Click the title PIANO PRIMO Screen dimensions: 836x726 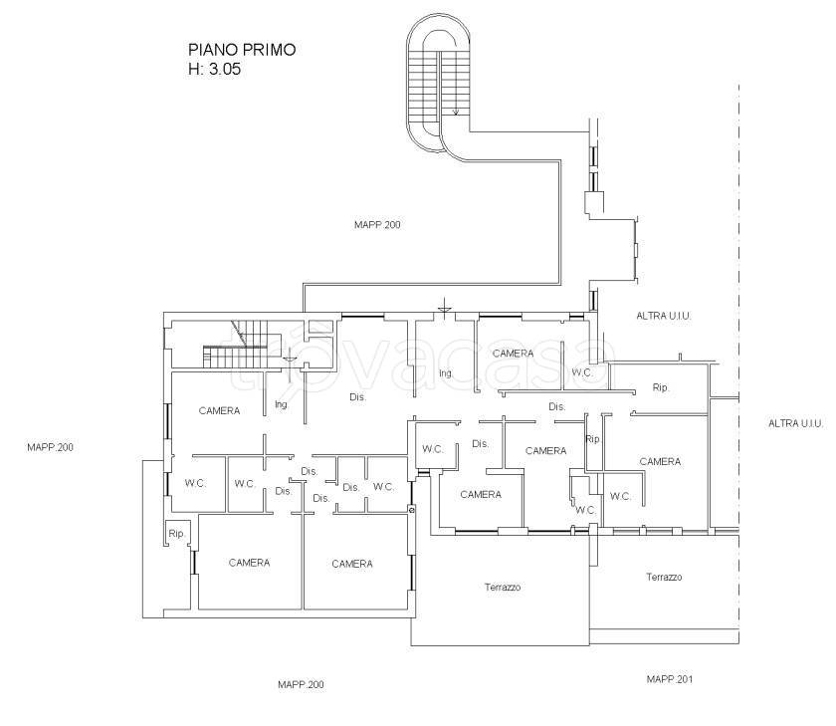242,50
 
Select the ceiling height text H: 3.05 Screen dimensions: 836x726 214,69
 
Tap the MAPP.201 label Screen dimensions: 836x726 670,679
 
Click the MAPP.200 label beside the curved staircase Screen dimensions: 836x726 377,225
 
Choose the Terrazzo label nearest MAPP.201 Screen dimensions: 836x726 664,577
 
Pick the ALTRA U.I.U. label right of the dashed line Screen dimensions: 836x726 795,423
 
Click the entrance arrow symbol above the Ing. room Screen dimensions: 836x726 444,308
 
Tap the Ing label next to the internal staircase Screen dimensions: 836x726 281,404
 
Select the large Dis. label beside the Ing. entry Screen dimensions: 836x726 357,397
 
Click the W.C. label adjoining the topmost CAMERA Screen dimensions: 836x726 582,372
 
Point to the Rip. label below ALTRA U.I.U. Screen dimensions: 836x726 661,387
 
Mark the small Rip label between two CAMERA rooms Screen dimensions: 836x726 592,439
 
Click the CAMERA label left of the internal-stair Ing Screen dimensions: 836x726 219,410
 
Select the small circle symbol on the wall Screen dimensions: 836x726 411,510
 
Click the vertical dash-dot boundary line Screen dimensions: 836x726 738,363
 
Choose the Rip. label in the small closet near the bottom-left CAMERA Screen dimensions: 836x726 176,534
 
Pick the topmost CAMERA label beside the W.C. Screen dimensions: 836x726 513,354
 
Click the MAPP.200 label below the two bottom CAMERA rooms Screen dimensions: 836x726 301,684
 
